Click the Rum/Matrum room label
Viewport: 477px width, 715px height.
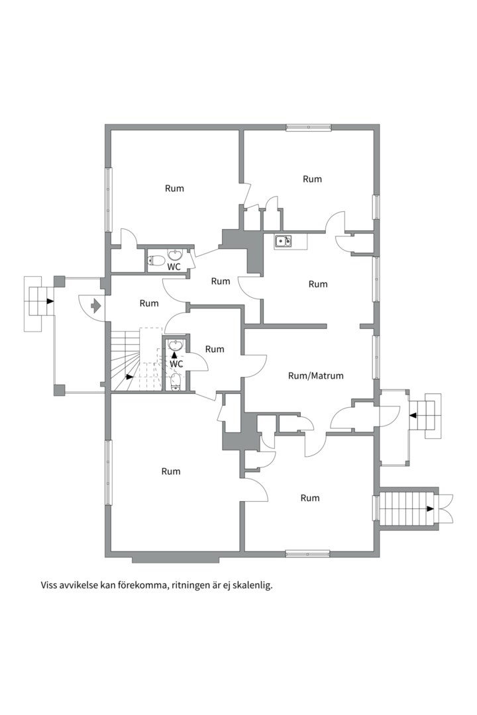tap(316, 376)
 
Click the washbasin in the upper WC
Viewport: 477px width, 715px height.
tap(176, 254)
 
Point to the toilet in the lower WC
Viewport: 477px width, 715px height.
tap(176, 382)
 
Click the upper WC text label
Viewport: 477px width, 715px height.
tap(174, 267)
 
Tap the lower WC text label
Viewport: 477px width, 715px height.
tap(176, 364)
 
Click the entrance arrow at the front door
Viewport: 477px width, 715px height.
tap(96, 305)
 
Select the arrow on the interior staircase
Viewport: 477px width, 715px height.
tap(130, 377)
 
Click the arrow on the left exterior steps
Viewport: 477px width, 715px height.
tap(49, 301)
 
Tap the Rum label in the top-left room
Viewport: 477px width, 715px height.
tap(174, 188)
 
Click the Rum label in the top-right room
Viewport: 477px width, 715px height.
tap(312, 179)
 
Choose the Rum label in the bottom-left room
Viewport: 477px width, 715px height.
tap(171, 471)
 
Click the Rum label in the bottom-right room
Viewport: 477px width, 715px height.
tap(310, 498)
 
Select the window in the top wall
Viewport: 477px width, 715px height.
tap(308, 128)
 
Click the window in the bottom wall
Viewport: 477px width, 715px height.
tap(307, 553)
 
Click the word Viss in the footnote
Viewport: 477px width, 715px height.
tap(49, 585)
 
